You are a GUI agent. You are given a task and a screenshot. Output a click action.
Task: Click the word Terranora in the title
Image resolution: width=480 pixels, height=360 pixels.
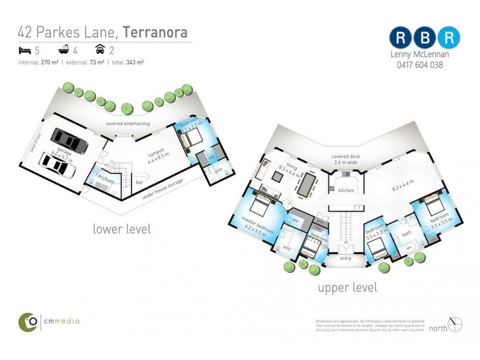(154, 31)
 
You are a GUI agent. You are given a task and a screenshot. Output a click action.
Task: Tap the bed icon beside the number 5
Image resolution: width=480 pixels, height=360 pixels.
(24, 50)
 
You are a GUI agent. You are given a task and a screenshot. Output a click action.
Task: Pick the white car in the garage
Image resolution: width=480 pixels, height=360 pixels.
(58, 165)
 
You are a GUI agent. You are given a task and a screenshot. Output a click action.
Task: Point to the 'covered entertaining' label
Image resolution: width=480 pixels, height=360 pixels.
(128, 124)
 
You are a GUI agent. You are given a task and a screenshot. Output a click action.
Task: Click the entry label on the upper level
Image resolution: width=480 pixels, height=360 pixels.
(345, 258)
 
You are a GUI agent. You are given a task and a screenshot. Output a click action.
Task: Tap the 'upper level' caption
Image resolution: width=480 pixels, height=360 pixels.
(347, 287)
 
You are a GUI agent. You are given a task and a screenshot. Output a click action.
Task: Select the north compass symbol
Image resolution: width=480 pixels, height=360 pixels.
(455, 324)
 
